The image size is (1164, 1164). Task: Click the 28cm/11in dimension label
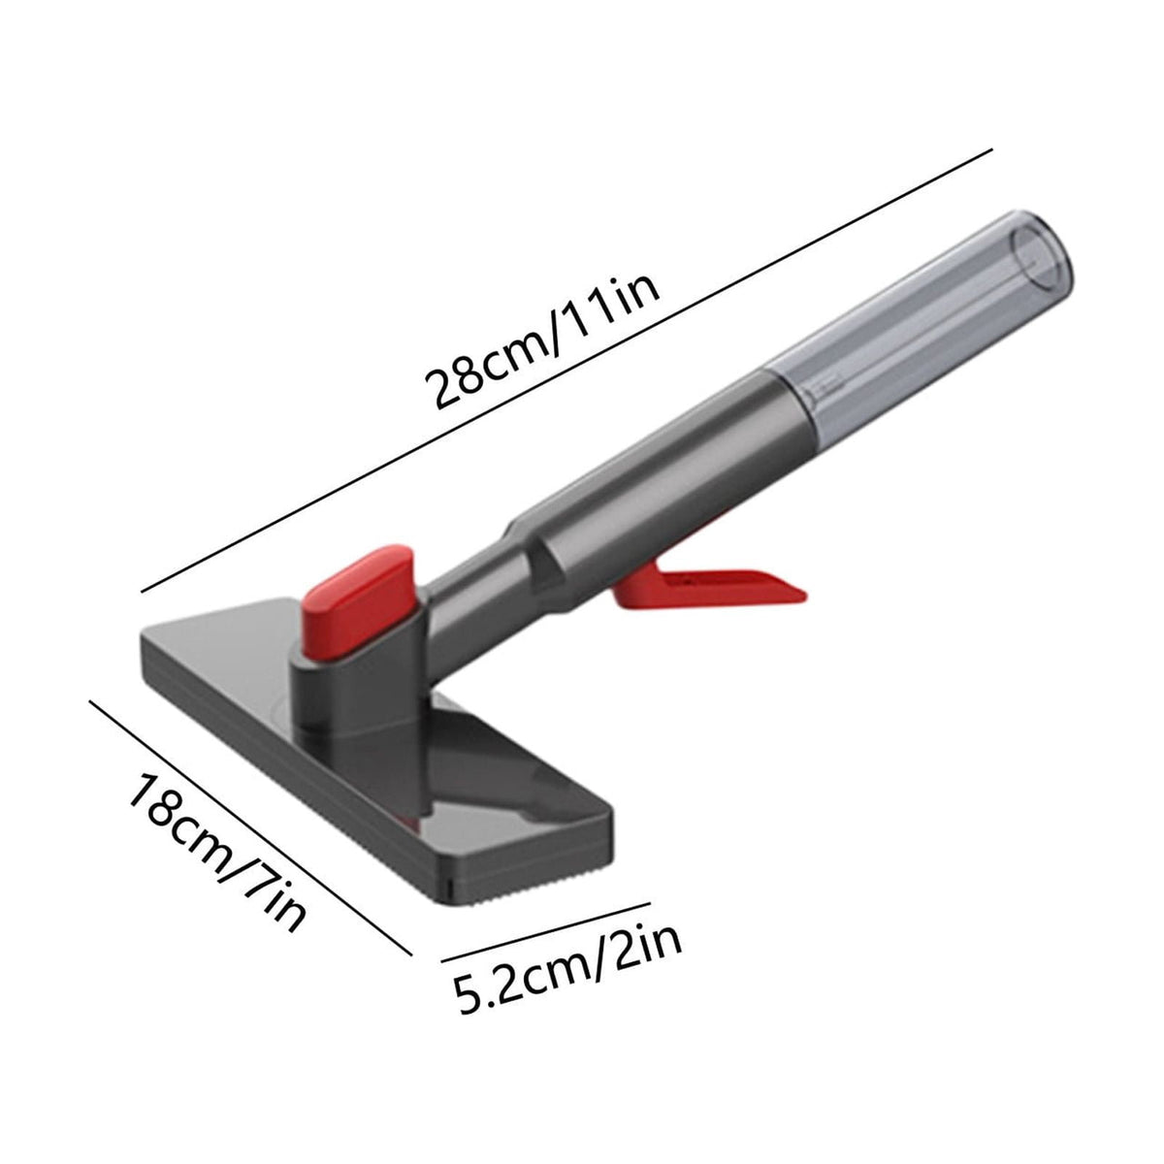tap(542, 345)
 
